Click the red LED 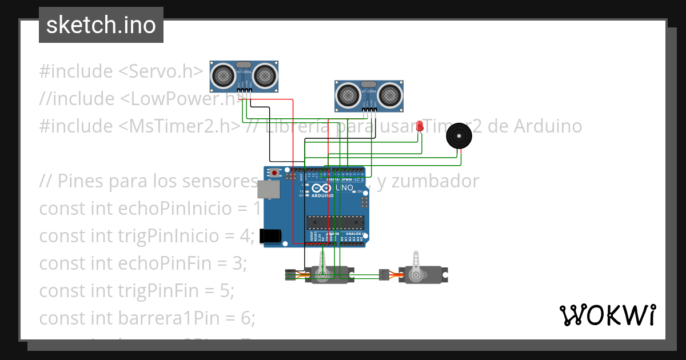click(x=420, y=126)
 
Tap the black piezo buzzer click(x=459, y=137)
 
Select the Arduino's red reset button click(x=275, y=173)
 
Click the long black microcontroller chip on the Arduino click(x=335, y=222)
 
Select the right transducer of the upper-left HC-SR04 click(x=265, y=75)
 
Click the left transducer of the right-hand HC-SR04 click(x=348, y=94)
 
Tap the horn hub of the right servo click(x=416, y=275)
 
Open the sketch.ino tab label click(x=101, y=25)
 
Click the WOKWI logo click(x=607, y=315)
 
